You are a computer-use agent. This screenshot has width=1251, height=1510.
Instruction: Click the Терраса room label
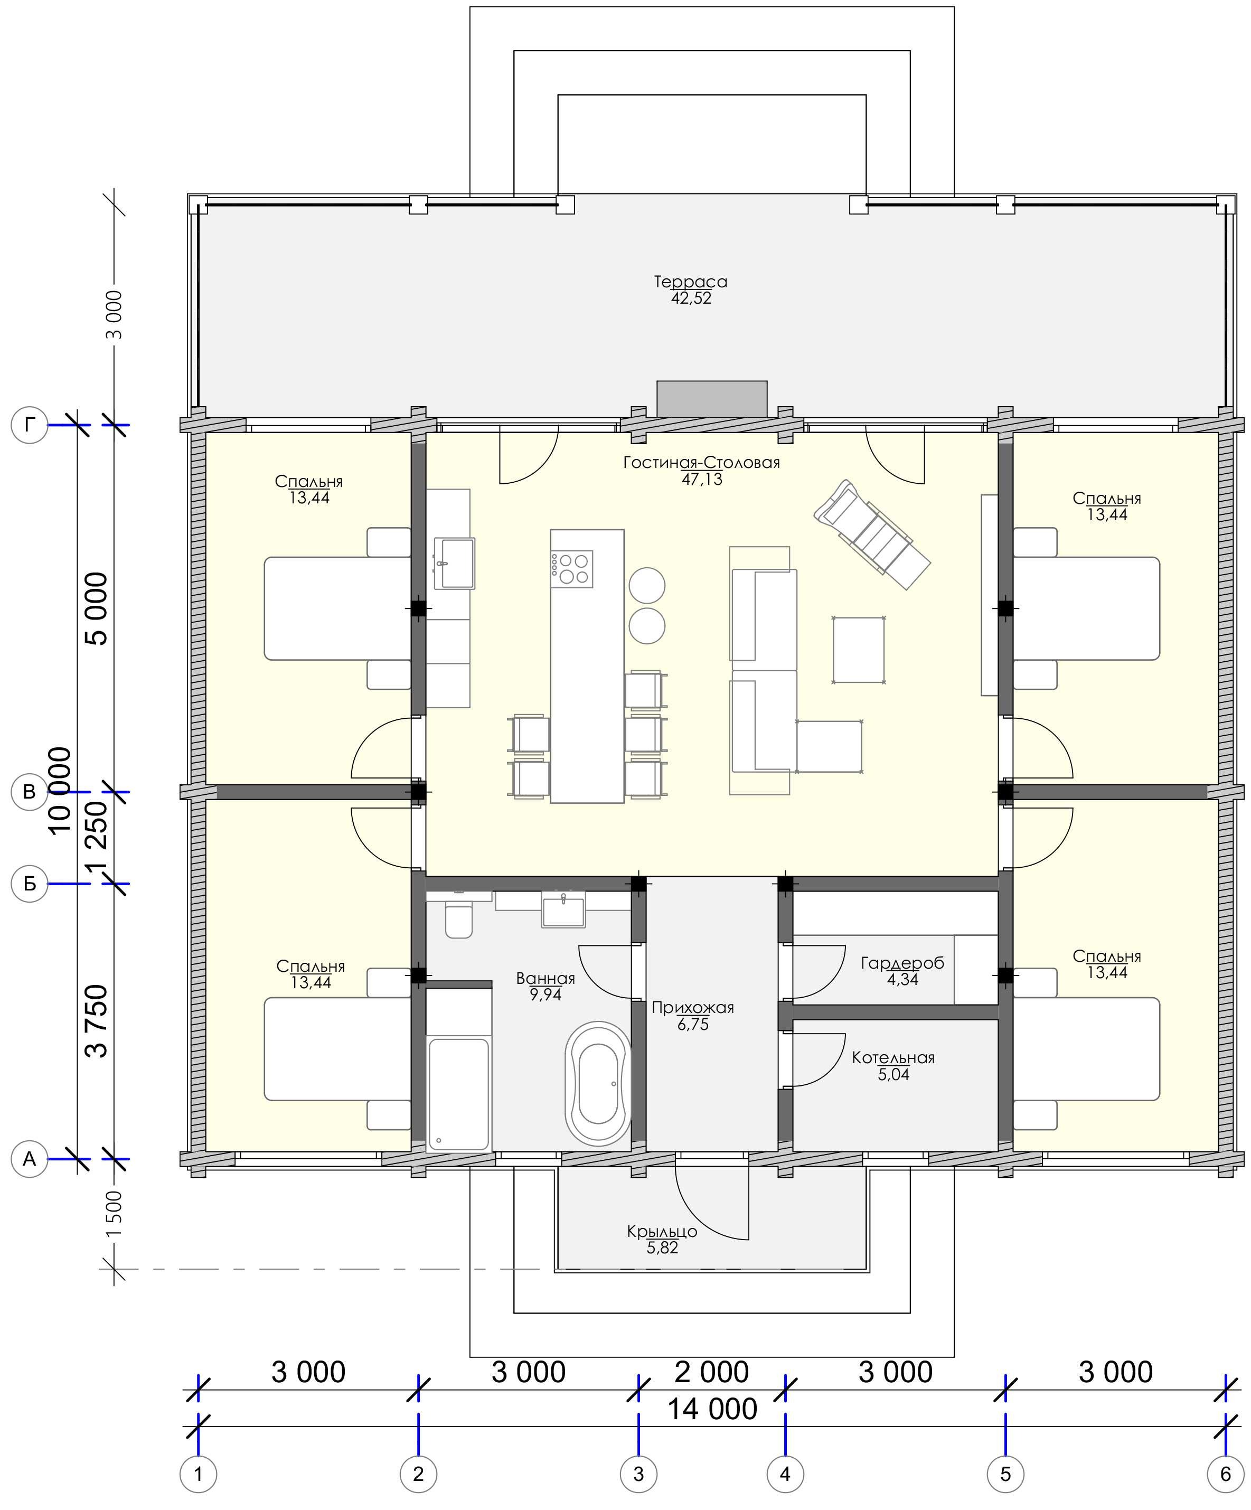tap(690, 283)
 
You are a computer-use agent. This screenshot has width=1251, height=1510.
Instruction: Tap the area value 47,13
tap(702, 479)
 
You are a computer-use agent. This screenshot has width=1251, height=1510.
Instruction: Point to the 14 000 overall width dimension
tap(712, 1409)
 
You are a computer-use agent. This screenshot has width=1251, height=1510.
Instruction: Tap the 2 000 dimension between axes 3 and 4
tap(711, 1372)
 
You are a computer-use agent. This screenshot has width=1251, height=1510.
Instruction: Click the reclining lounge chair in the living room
tap(872, 534)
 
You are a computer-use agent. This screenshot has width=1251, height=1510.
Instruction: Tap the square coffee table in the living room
tap(859, 650)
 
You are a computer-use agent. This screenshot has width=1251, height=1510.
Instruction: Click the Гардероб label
tap(902, 963)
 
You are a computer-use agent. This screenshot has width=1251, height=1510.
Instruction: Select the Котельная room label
tap(893, 1058)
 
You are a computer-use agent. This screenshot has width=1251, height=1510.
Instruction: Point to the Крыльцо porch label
tap(662, 1232)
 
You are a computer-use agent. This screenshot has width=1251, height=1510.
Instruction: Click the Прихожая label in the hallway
tap(693, 1007)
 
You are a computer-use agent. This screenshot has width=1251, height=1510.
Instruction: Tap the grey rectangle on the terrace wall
tap(712, 398)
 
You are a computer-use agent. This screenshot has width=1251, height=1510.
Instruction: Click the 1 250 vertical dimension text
tap(96, 836)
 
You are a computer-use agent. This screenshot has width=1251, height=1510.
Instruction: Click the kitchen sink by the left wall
tap(454, 563)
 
